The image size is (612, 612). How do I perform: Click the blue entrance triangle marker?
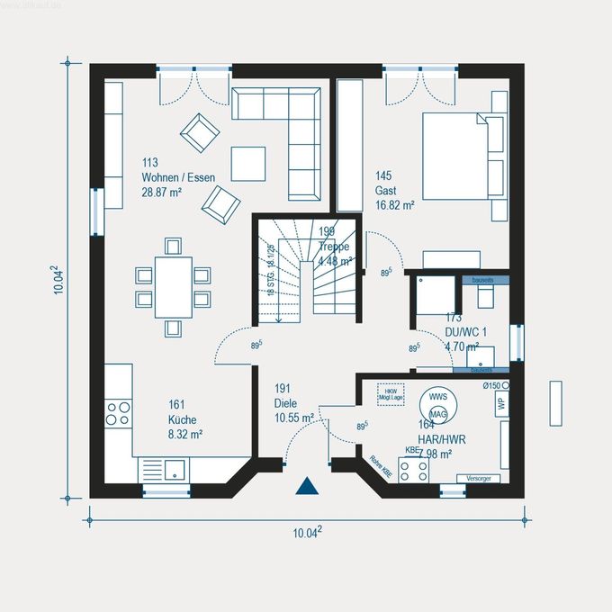[x=308, y=486]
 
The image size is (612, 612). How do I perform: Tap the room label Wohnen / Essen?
[x=177, y=177]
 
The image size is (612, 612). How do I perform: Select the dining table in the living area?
[x=173, y=286]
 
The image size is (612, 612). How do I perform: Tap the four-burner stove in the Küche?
[x=119, y=413]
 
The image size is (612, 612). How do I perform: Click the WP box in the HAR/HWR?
[x=501, y=402]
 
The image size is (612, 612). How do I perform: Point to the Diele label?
[x=285, y=403]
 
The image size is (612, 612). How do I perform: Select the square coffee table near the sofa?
[x=248, y=164]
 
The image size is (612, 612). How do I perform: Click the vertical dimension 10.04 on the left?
[x=57, y=279]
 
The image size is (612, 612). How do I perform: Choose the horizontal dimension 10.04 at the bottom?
[x=307, y=533]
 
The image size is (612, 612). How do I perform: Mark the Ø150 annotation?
[x=490, y=386]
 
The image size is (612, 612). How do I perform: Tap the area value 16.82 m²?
[x=394, y=205]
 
